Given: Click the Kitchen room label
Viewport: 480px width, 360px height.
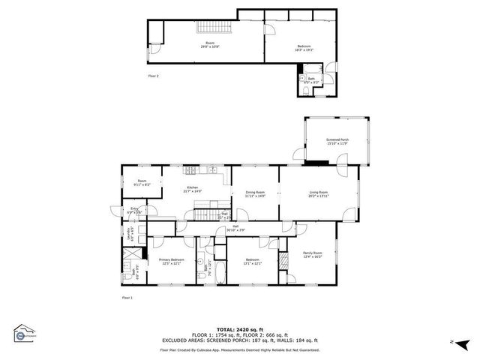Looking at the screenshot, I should [192, 188].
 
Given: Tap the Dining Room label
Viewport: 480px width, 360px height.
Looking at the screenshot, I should [256, 193].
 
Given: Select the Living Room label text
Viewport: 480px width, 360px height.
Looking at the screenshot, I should [319, 193].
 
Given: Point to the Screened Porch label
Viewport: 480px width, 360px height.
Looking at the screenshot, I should [337, 141].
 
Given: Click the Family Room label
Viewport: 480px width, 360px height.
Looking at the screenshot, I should [312, 254].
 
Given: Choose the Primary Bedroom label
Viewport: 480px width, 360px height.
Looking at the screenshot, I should [171, 260].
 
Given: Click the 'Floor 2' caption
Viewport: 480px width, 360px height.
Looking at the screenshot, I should [153, 76].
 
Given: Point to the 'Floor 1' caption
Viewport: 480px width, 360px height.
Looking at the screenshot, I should [127, 298].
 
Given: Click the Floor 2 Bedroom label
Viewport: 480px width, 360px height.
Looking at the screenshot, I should [304, 49].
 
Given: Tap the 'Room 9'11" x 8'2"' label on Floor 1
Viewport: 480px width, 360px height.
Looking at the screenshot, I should [142, 183].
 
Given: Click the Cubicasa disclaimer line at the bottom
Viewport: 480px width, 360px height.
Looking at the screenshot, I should [240, 349].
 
